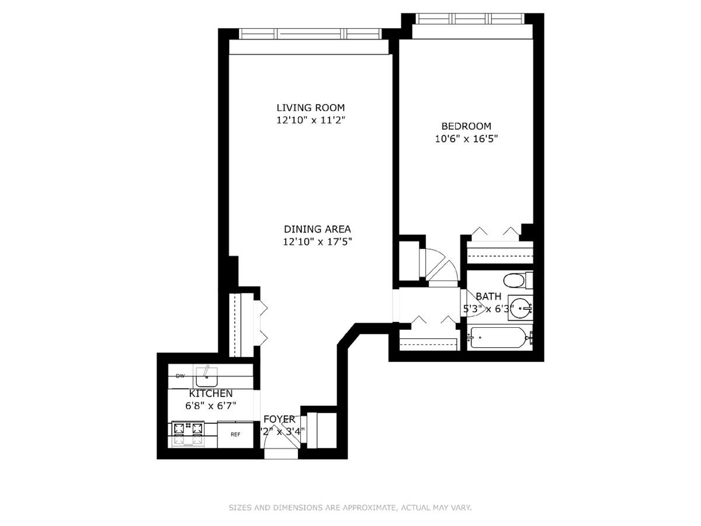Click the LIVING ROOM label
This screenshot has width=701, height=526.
coord(310,108)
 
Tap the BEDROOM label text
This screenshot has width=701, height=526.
coord(466,126)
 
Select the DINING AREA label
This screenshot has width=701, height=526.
coord(317,229)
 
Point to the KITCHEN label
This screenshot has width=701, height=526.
coord(211,393)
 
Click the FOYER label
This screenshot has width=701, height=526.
coord(279,419)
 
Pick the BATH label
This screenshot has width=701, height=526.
coord(488,296)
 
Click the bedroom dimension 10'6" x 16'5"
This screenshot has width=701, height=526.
coord(466,139)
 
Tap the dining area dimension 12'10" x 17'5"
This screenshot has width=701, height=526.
coord(317,241)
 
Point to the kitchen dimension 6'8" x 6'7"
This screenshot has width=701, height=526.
coord(211,406)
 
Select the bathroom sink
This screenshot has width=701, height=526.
coord(519,309)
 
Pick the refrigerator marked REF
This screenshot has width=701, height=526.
coord(235,434)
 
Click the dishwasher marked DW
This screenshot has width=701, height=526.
coord(181,375)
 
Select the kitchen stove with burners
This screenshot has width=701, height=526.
coord(188,434)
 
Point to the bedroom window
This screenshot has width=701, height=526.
coord(473,19)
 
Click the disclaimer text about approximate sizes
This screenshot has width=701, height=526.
coord(350,508)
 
